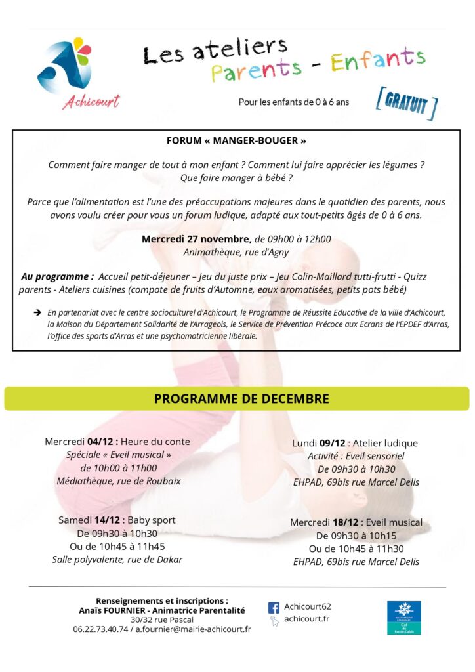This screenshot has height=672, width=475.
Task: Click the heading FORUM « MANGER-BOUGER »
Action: click(236, 140)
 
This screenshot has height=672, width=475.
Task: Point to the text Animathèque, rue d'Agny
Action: click(236, 251)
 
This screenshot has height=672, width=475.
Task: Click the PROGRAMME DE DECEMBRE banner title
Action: click(241, 398)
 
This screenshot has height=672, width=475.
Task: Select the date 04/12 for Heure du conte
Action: click(100, 442)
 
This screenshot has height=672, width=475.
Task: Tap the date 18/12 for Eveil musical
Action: click(345, 522)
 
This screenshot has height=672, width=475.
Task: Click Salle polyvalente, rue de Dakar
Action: click(117, 560)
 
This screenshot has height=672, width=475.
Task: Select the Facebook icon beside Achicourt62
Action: click(274, 607)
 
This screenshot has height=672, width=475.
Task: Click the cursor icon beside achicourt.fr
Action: click(274, 620)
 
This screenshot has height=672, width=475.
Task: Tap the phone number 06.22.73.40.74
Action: click(101, 629)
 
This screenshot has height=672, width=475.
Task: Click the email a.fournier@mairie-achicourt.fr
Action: click(194, 629)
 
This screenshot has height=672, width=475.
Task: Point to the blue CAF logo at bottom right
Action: click(403, 618)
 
